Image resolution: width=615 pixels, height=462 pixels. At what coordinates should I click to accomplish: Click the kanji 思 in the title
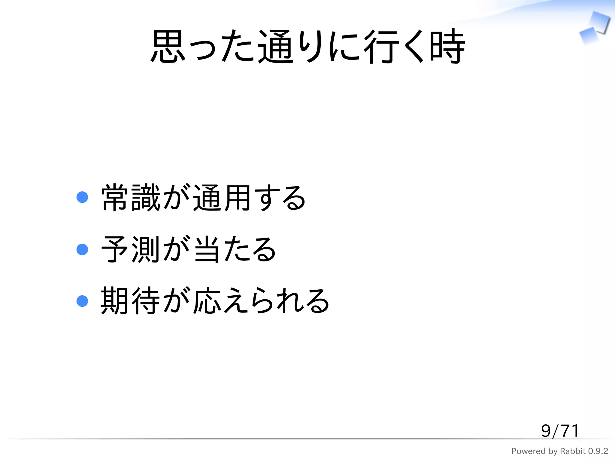click(168, 47)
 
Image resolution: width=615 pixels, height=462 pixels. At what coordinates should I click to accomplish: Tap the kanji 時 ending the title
click(447, 47)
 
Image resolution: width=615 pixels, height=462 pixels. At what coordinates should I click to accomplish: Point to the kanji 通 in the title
click(275, 47)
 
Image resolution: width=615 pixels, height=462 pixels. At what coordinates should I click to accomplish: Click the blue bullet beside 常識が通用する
click(82, 197)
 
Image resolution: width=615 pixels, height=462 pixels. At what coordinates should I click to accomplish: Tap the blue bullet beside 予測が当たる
click(82, 249)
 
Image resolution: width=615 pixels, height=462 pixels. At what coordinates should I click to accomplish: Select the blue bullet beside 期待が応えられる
click(82, 301)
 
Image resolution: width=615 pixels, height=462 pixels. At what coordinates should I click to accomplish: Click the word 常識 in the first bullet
click(131, 198)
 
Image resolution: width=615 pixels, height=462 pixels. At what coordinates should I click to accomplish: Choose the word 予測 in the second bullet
click(131, 249)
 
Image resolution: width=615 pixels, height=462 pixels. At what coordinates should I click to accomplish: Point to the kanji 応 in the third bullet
click(207, 301)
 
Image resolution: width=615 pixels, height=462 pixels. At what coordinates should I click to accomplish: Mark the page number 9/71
click(560, 431)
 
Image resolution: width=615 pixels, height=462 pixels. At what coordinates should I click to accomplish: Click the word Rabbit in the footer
click(573, 451)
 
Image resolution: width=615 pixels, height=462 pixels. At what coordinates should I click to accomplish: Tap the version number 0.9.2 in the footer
click(598, 451)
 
